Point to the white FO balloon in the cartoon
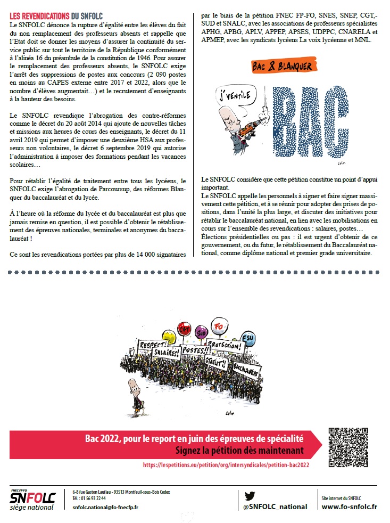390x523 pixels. [x=217, y=326]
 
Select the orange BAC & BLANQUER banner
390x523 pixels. [x=281, y=67]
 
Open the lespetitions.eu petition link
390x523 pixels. [x=226, y=465]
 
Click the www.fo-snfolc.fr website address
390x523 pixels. [x=350, y=507]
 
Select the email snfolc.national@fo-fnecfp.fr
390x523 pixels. [x=105, y=507]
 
